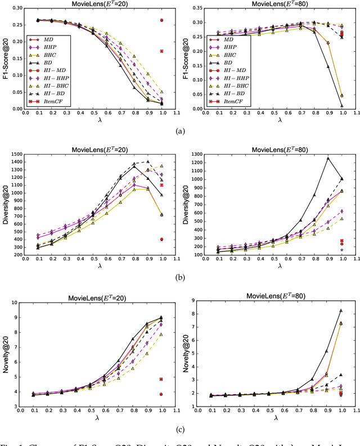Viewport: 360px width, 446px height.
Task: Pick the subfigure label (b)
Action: [x=180, y=277]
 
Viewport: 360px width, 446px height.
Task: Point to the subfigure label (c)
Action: [x=180, y=429]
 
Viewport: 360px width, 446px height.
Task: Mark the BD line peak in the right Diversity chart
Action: [x=327, y=158]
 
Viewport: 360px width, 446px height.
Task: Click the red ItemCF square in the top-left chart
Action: [x=162, y=51]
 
